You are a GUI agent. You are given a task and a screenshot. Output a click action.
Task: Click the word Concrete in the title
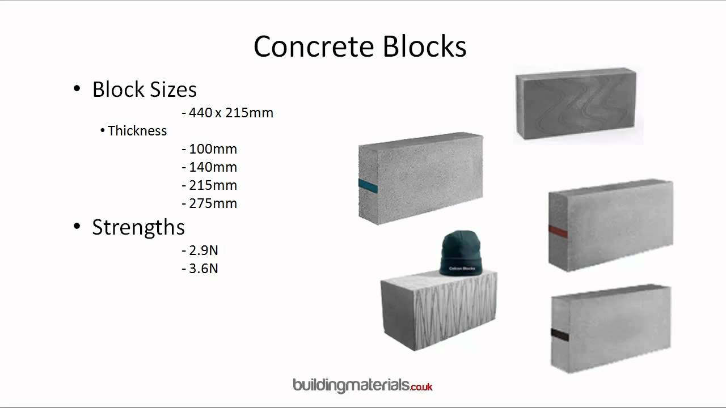(x=315, y=46)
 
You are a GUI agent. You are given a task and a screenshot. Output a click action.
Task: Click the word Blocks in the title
(x=424, y=46)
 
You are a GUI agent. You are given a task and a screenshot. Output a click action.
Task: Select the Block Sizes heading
(x=144, y=90)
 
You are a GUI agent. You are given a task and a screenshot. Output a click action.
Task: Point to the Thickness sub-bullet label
(x=137, y=131)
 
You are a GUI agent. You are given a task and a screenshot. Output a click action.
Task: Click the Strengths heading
(x=138, y=227)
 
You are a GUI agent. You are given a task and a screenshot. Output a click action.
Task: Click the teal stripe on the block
(x=368, y=184)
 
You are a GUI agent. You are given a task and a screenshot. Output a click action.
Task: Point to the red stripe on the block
(x=558, y=231)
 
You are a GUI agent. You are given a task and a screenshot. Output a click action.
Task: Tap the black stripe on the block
(x=559, y=335)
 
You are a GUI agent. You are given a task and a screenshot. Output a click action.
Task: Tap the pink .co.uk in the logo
(x=421, y=386)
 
